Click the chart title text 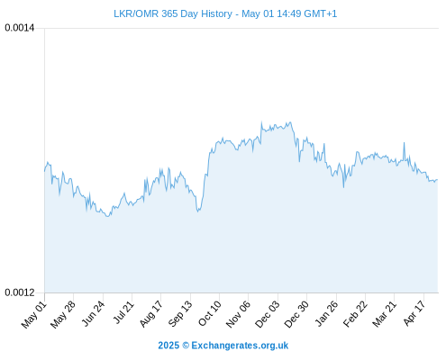click(225, 13)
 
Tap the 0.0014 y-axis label click(20, 28)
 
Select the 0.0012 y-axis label click(20, 292)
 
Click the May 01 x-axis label click(34, 315)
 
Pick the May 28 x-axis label click(63, 315)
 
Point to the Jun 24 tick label click(93, 314)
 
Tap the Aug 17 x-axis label click(151, 314)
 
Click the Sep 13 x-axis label click(180, 314)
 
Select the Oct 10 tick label click(210, 314)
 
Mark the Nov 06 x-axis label click(238, 315)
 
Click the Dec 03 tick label click(268, 315)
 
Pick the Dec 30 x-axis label click(296, 315)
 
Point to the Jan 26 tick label click(326, 314)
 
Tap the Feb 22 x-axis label click(355, 314)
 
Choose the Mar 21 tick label click(385, 314)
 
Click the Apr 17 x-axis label click(414, 313)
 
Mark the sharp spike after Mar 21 click(405, 143)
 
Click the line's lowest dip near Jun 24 click(107, 216)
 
